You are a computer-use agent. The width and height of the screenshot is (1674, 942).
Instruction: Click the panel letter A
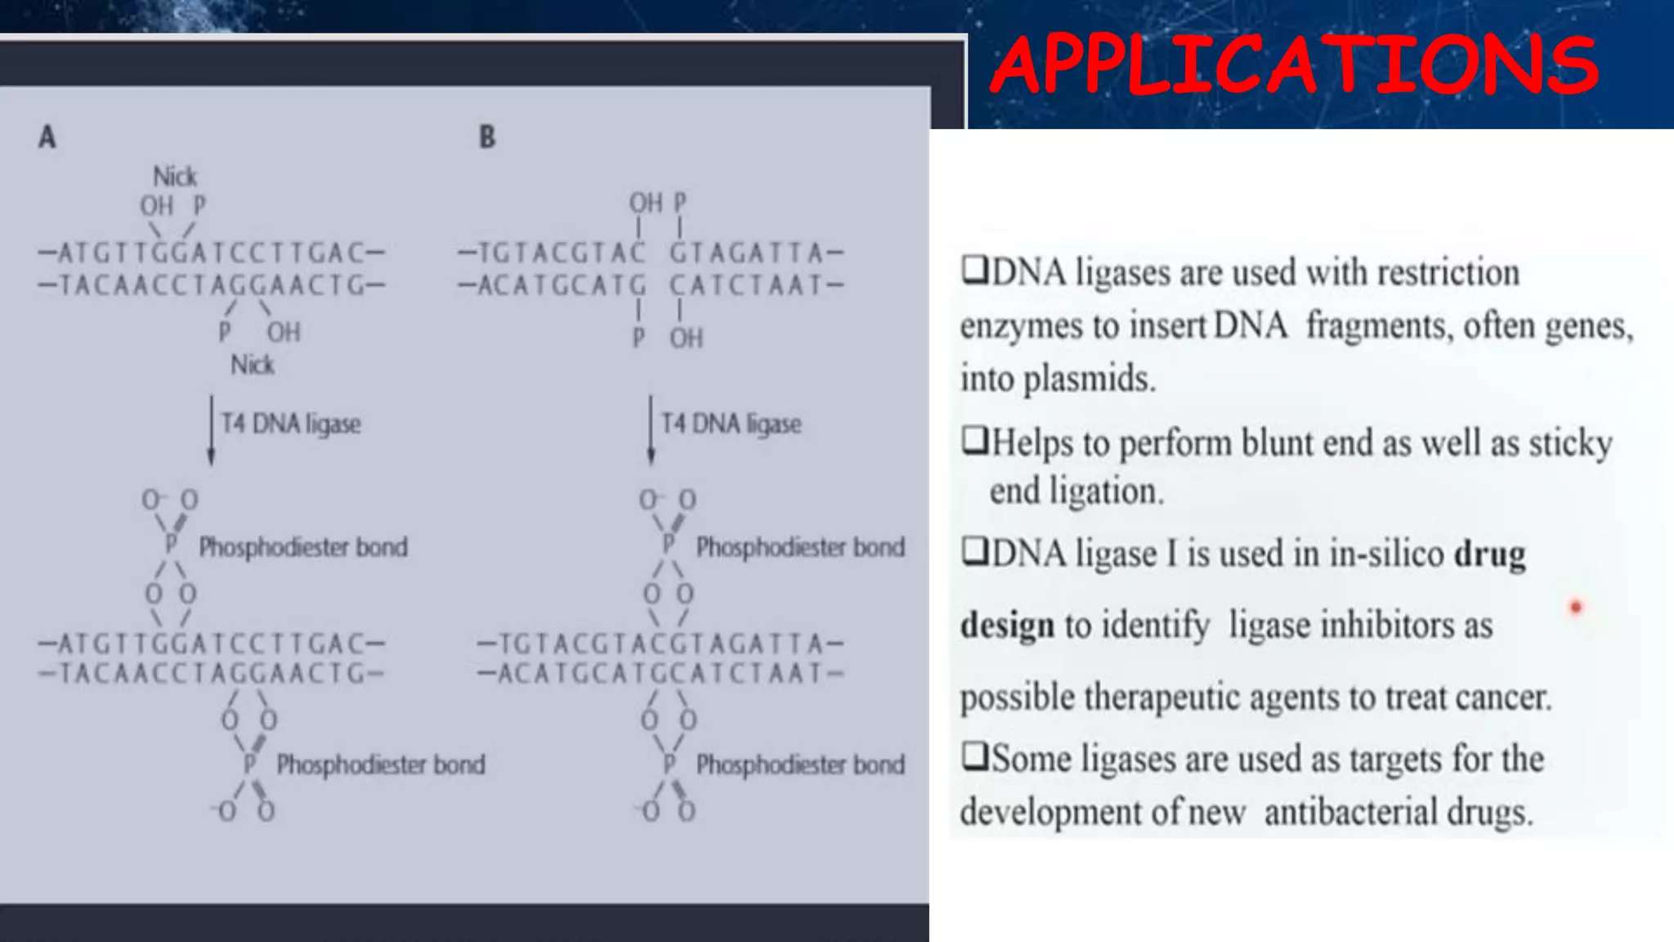(47, 137)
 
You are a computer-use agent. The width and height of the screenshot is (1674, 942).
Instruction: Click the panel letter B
(487, 137)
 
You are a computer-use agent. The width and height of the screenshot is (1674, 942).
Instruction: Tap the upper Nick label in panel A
(175, 177)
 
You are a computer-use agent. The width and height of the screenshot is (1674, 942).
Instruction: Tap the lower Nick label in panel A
(252, 365)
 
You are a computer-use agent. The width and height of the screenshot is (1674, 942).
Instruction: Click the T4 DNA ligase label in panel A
(291, 424)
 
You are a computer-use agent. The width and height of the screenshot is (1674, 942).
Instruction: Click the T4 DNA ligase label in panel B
(731, 424)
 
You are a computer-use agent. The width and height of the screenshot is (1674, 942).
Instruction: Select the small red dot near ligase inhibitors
(1576, 607)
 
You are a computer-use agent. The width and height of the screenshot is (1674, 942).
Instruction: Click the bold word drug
(1489, 554)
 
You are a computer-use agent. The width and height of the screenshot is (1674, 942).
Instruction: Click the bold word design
(1006, 626)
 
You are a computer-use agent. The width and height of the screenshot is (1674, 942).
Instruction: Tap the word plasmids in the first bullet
(1090, 379)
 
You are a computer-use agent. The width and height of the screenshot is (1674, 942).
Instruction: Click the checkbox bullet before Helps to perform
(974, 441)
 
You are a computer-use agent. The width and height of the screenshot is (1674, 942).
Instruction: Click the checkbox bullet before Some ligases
(974, 756)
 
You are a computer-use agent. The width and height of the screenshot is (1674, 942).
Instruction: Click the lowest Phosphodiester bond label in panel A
(381, 765)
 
